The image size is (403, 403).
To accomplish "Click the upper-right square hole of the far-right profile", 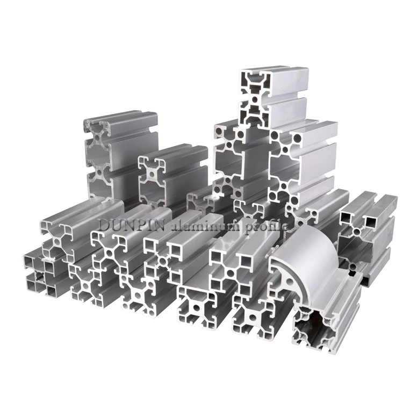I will (x=371, y=220).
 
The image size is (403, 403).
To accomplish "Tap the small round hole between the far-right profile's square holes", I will (x=358, y=231).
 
